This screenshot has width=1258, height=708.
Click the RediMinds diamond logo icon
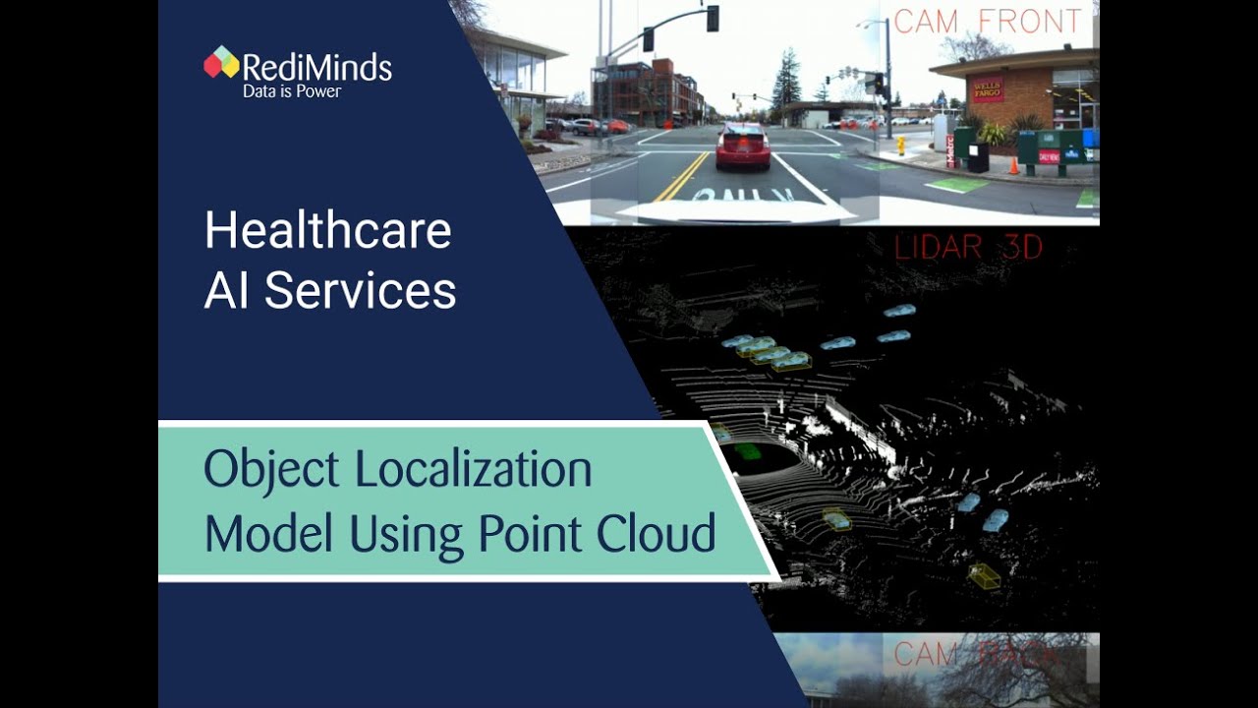[x=221, y=62]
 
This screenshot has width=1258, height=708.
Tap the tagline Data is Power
[x=292, y=91]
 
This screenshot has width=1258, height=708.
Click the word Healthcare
[x=328, y=231]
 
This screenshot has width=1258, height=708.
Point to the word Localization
[x=474, y=470]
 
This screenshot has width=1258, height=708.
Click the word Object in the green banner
[x=271, y=470]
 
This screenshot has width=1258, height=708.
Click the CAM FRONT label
[x=989, y=22]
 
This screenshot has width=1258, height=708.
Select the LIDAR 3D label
[x=968, y=248]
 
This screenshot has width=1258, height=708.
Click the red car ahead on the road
[x=743, y=147]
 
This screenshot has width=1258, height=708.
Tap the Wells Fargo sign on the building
[x=988, y=89]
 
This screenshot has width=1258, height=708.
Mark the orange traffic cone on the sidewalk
[x=1012, y=165]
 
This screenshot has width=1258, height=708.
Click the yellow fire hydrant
[x=900, y=146]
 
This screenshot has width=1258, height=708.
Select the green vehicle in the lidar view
[x=747, y=451]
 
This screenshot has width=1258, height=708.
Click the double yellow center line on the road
[x=679, y=178]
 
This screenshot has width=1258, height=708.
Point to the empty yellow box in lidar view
[x=984, y=576]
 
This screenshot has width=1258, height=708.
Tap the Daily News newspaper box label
[x=1049, y=156]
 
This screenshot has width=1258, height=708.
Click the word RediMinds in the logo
[x=316, y=67]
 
